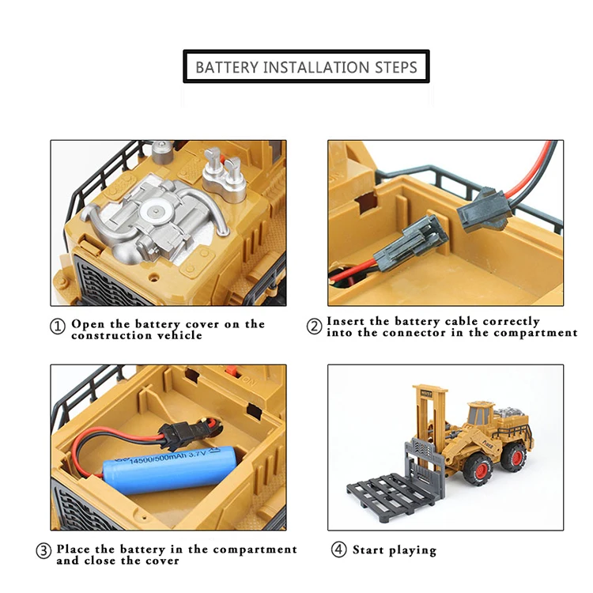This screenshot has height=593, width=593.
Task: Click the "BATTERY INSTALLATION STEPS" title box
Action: (306, 67)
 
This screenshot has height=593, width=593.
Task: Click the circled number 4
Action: (339, 550)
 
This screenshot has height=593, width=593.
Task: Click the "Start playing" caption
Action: (394, 550)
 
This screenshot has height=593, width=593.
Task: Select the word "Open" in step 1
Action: (87, 324)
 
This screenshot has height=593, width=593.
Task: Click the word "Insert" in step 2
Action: (347, 321)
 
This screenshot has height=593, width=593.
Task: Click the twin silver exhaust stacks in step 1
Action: (224, 170)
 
